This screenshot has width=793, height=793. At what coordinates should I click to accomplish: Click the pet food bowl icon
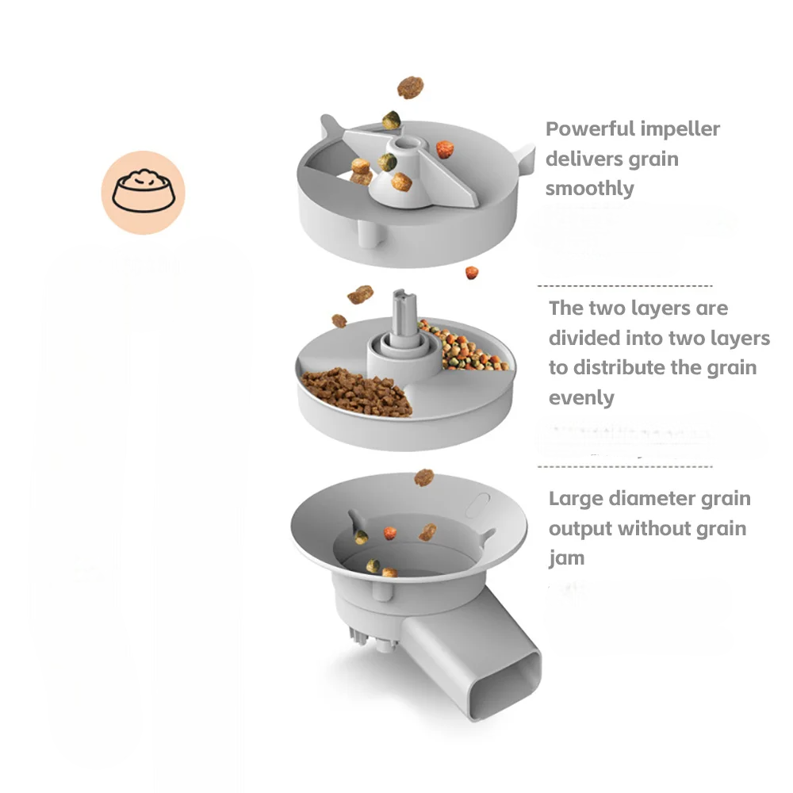[143, 192]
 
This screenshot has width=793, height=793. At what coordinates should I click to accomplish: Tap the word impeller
[681, 129]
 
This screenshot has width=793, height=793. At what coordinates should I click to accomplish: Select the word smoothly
[589, 189]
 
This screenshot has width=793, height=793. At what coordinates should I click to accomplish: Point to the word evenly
[581, 397]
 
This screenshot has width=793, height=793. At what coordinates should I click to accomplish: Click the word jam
[566, 557]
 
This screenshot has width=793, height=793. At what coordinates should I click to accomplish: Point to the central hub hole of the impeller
[404, 144]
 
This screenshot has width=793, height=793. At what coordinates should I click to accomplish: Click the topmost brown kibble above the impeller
[410, 87]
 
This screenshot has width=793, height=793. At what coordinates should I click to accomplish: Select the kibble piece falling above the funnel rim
[424, 477]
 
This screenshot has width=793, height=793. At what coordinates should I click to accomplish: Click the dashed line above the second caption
[625, 285]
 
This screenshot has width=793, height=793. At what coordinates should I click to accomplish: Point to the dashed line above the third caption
[625, 467]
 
